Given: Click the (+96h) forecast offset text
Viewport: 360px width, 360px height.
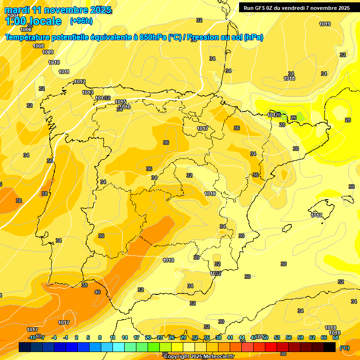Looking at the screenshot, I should tap(81, 21).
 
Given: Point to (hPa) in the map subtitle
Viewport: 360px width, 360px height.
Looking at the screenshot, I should tap(254, 37).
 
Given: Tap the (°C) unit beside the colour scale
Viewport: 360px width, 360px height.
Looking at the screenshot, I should tap(344, 348).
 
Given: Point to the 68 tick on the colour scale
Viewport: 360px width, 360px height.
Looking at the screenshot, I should tap(336, 337).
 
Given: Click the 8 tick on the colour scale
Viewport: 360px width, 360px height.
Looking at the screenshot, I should tap(100, 337).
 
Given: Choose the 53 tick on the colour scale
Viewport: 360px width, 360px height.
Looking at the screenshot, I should tap(277, 337).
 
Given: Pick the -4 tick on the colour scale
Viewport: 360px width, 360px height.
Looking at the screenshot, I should tap(54, 337).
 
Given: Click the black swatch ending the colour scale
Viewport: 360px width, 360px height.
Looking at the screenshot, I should tap(330, 347).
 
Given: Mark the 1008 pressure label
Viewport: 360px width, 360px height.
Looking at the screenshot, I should tap(38, 46).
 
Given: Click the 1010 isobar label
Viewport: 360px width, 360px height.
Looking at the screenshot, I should tap(54, 62).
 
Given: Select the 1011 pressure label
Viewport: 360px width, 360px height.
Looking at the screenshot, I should tap(64, 72).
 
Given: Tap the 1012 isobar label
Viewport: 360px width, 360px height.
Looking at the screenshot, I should tap(80, 82).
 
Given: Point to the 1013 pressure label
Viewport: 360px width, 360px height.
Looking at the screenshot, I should tap(88, 92).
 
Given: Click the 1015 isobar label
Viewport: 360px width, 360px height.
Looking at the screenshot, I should tap(120, 102).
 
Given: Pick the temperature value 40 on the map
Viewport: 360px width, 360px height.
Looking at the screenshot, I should tap(97, 292).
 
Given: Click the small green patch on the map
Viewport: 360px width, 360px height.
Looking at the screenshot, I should tap(300, 116).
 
